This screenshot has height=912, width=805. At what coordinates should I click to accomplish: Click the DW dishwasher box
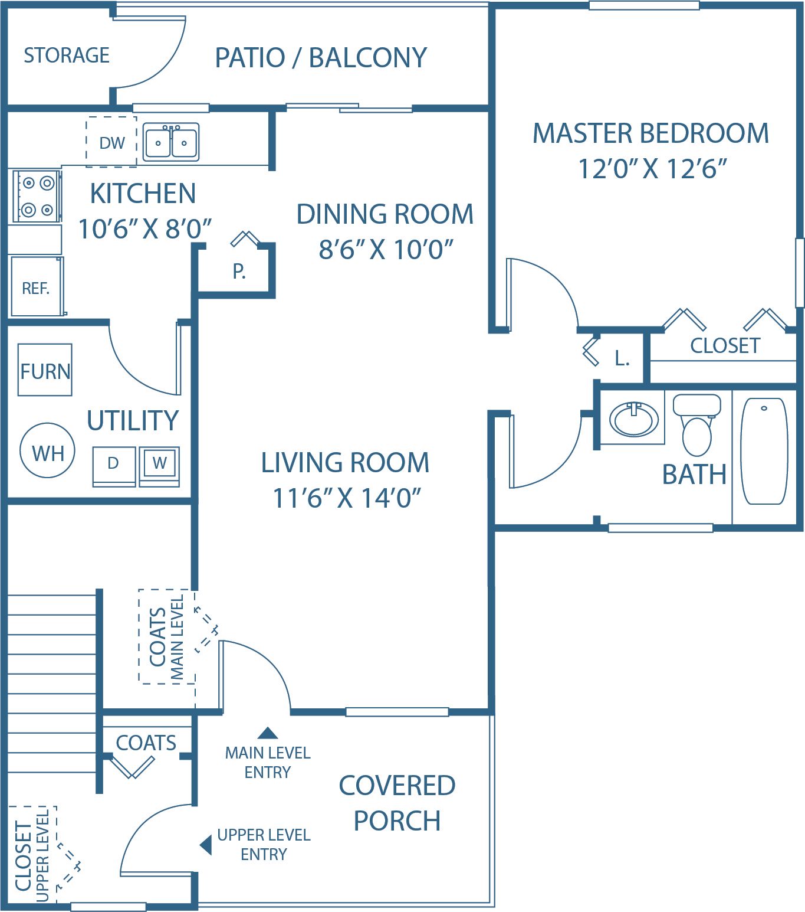(x=111, y=142)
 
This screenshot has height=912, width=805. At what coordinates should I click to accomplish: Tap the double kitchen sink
(x=171, y=142)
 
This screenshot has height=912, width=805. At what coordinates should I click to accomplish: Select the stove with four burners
(x=37, y=196)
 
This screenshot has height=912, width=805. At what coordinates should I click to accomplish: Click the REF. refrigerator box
(x=37, y=286)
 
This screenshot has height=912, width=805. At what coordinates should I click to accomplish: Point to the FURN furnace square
(x=45, y=370)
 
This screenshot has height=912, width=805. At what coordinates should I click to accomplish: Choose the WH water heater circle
(x=47, y=450)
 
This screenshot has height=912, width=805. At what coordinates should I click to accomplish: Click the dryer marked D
(x=114, y=466)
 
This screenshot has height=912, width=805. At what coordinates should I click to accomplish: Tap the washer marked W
(x=159, y=466)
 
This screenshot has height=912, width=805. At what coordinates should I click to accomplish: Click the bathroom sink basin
(x=633, y=419)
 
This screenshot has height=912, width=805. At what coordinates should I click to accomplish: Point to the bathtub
(x=764, y=451)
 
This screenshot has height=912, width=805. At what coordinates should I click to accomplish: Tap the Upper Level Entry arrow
(x=206, y=845)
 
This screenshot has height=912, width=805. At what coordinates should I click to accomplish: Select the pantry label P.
(x=239, y=272)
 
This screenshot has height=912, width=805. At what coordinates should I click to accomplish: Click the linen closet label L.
(x=622, y=358)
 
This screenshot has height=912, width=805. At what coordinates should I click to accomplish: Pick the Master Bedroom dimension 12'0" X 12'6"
(x=652, y=169)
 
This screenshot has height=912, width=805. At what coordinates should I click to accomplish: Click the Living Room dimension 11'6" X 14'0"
(x=347, y=498)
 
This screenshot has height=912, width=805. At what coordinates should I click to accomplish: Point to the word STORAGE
(x=67, y=55)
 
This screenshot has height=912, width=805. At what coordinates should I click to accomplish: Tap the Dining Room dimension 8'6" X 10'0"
(x=386, y=249)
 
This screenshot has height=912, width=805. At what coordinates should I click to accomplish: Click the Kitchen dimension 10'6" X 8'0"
(x=145, y=228)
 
